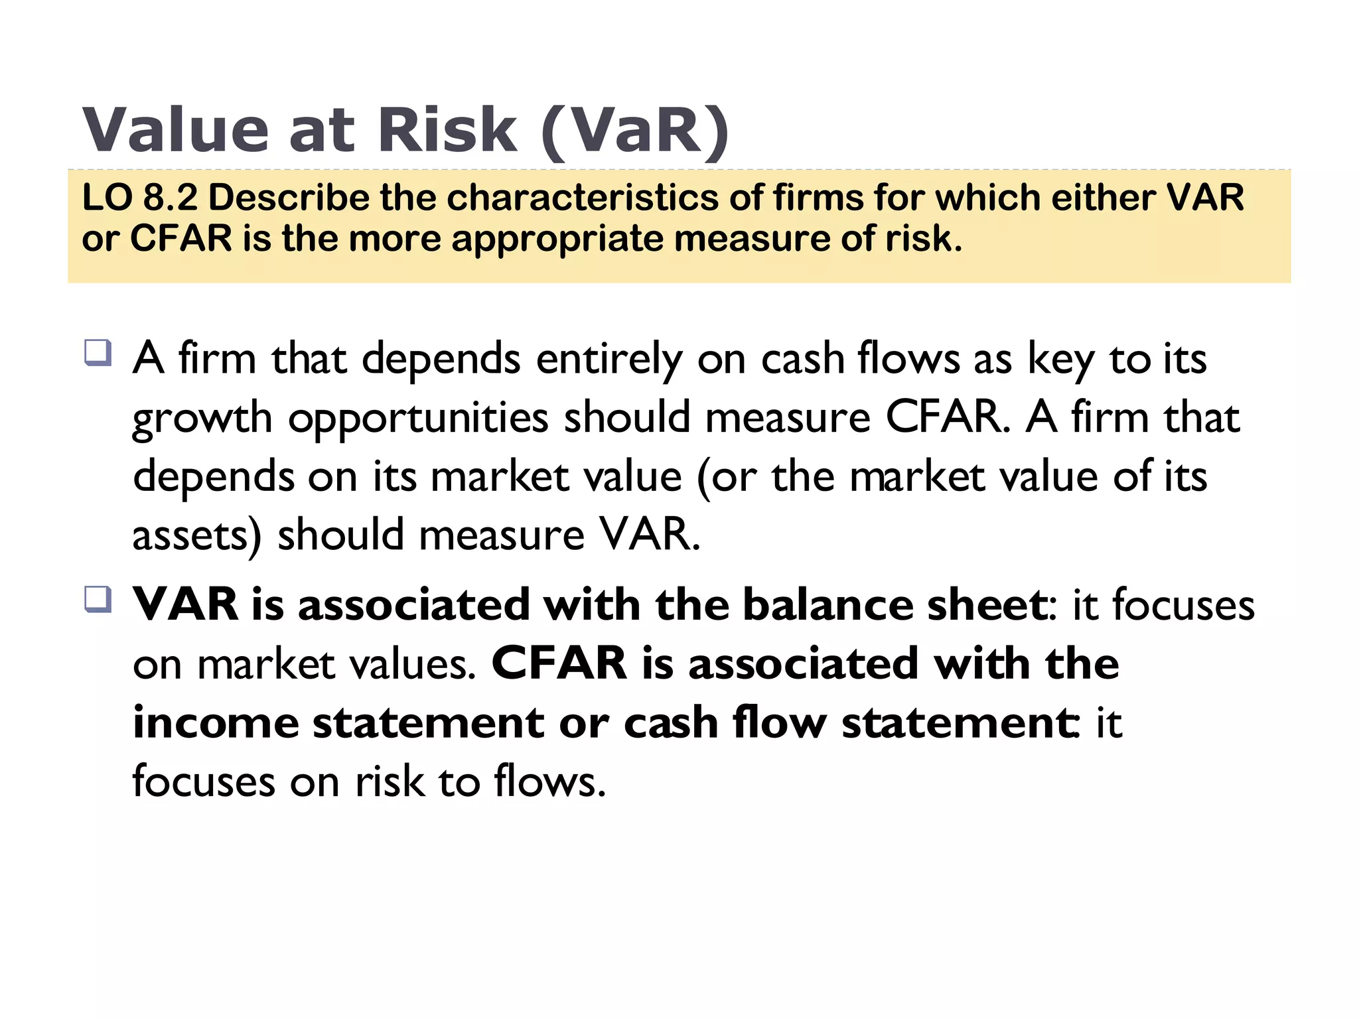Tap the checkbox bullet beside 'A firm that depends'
point(98,352)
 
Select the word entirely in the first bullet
point(608,360)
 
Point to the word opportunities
point(418,418)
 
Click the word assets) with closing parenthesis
point(197,535)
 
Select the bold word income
point(216,722)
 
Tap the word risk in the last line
point(390,781)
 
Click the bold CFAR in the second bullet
point(559,663)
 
